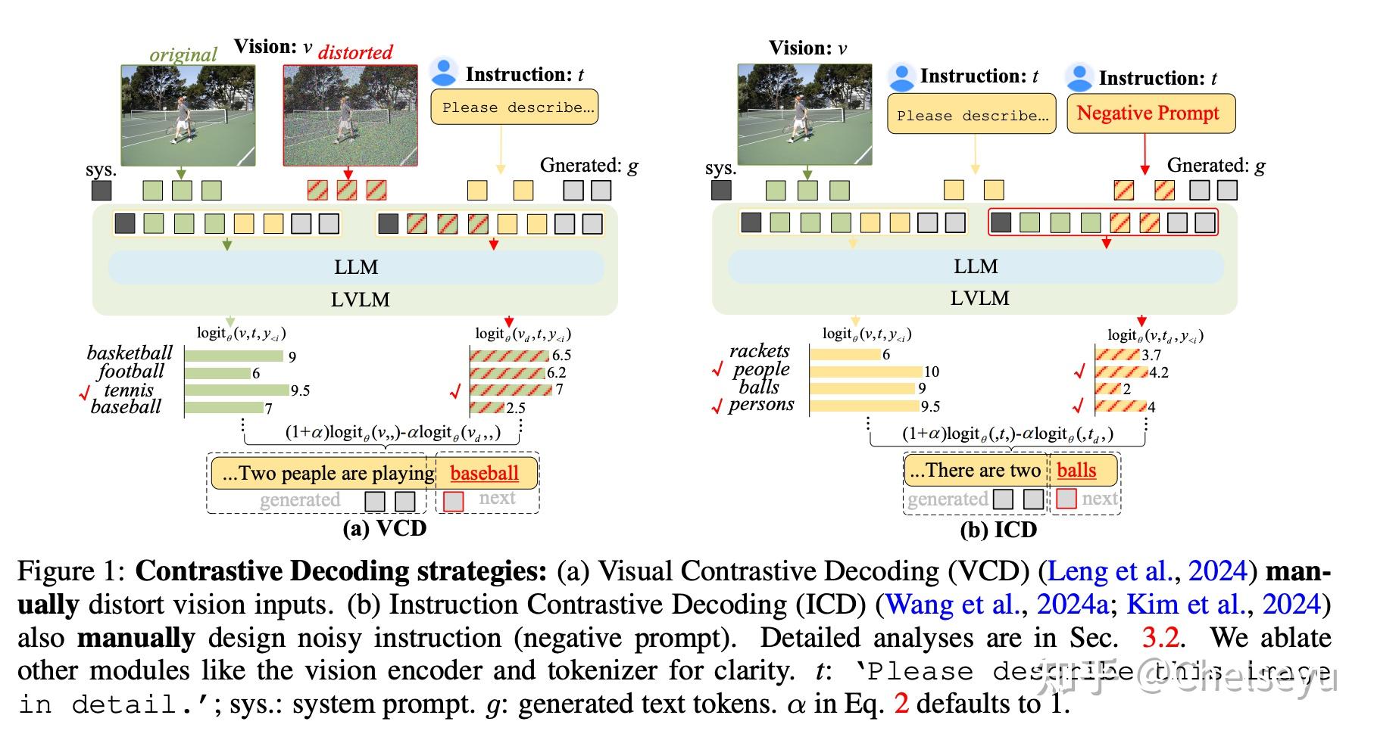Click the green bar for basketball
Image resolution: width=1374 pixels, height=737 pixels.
[x=233, y=356]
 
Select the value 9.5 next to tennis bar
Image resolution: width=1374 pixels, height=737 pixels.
[x=300, y=391]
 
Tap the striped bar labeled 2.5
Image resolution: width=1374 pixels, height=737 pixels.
[x=487, y=408]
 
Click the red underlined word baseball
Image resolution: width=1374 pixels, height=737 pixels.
[x=484, y=474]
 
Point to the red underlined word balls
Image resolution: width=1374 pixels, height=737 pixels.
[x=1076, y=471]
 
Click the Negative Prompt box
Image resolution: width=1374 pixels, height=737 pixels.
[x=1150, y=114]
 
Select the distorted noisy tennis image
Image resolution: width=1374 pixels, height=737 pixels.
[x=350, y=115]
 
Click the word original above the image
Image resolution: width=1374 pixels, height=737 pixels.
[x=183, y=54]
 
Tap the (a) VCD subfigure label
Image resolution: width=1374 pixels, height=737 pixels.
[x=384, y=528]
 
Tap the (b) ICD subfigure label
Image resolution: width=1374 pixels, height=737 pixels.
[x=998, y=530]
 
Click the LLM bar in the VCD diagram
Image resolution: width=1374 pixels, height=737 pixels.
[x=356, y=267]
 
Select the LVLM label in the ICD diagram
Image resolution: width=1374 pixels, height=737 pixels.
[x=979, y=298]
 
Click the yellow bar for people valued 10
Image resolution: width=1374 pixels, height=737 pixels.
[x=866, y=372]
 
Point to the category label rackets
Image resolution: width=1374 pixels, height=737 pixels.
[x=759, y=351]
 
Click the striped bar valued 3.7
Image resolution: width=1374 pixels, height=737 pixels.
[x=1117, y=355]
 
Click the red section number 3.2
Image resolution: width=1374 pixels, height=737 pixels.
[x=1160, y=638]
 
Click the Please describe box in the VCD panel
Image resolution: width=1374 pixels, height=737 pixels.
[x=514, y=107]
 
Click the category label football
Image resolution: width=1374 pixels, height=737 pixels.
[x=130, y=372]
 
